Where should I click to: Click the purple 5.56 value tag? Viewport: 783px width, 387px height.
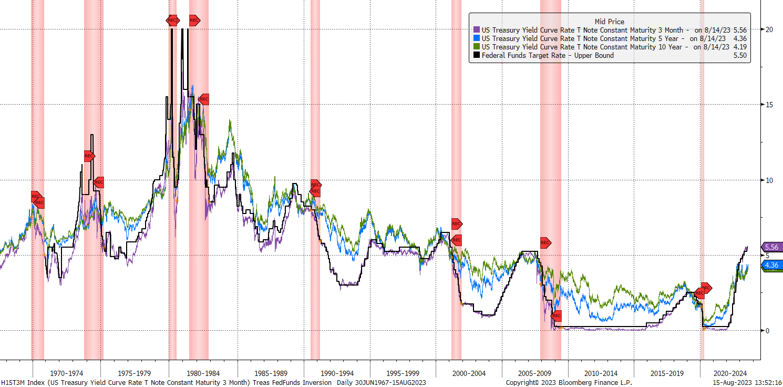click(x=771, y=247)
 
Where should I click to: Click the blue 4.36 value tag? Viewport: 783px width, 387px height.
click(x=771, y=266)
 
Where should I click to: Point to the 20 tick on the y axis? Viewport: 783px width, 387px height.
click(x=768, y=29)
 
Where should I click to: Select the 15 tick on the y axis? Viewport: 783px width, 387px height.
click(x=768, y=105)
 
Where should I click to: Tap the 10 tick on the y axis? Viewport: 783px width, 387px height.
click(x=768, y=180)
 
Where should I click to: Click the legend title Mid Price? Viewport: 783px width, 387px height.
click(x=609, y=22)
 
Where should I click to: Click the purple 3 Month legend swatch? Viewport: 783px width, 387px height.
click(x=477, y=30)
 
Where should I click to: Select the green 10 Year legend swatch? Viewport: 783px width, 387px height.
click(x=477, y=47)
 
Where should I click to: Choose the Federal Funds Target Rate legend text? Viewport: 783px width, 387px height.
click(x=548, y=55)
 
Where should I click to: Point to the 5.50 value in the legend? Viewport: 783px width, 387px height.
click(x=740, y=55)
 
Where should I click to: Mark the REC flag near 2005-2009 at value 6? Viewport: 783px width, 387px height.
click(x=545, y=243)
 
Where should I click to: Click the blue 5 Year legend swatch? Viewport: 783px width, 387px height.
click(x=477, y=38)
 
